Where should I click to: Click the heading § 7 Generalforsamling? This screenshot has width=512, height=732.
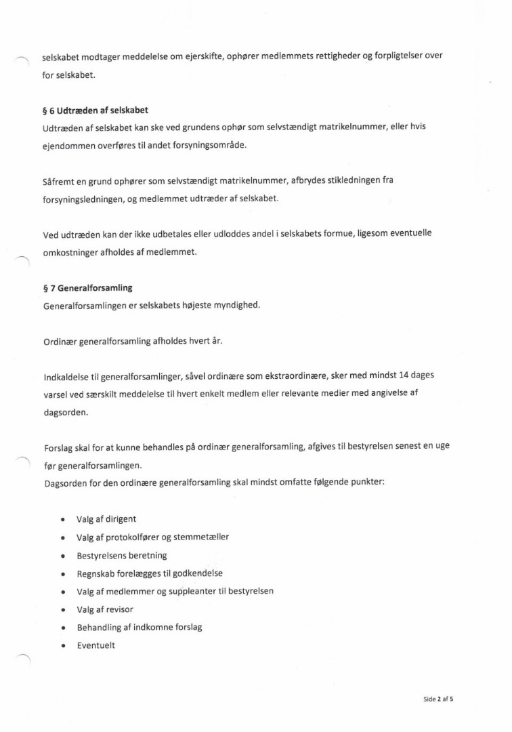pyautogui.click(x=87, y=287)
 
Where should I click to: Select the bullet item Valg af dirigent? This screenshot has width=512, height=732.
pyautogui.click(x=106, y=519)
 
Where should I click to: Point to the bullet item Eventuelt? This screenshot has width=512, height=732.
pyautogui.click(x=95, y=645)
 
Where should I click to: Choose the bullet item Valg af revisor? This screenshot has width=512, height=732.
pyautogui.click(x=105, y=609)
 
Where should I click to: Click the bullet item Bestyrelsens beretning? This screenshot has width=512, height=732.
pyautogui.click(x=122, y=555)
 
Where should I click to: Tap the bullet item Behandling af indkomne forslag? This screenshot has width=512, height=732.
pyautogui.click(x=140, y=627)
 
